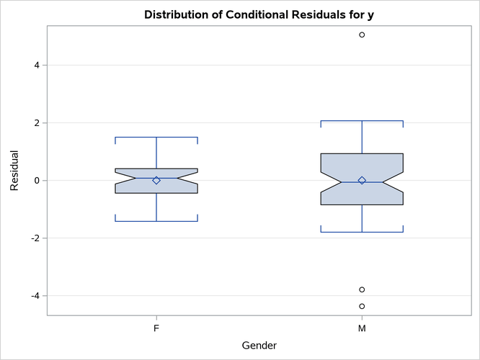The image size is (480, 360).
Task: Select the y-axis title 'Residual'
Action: (x=14, y=171)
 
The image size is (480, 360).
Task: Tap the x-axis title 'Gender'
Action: (x=259, y=346)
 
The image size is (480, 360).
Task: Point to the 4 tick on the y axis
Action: (x=36, y=66)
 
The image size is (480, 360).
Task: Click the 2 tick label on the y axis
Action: (x=36, y=123)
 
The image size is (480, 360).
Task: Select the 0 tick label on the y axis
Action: (x=36, y=181)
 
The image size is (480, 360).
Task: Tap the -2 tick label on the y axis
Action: (x=34, y=238)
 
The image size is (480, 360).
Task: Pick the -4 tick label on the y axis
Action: (x=34, y=296)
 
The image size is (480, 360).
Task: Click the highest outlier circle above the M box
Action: (x=362, y=35)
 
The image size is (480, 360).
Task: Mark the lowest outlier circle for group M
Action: (x=362, y=306)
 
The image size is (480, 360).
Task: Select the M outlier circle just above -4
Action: (x=362, y=289)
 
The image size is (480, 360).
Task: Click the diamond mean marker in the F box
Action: (x=156, y=180)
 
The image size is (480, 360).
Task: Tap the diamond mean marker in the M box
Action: (x=362, y=180)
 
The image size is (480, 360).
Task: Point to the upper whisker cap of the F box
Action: (x=156, y=137)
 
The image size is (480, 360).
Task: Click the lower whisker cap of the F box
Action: (x=156, y=221)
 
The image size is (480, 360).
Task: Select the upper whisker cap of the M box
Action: (x=362, y=121)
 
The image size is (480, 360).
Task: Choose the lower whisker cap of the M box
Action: (x=362, y=232)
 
